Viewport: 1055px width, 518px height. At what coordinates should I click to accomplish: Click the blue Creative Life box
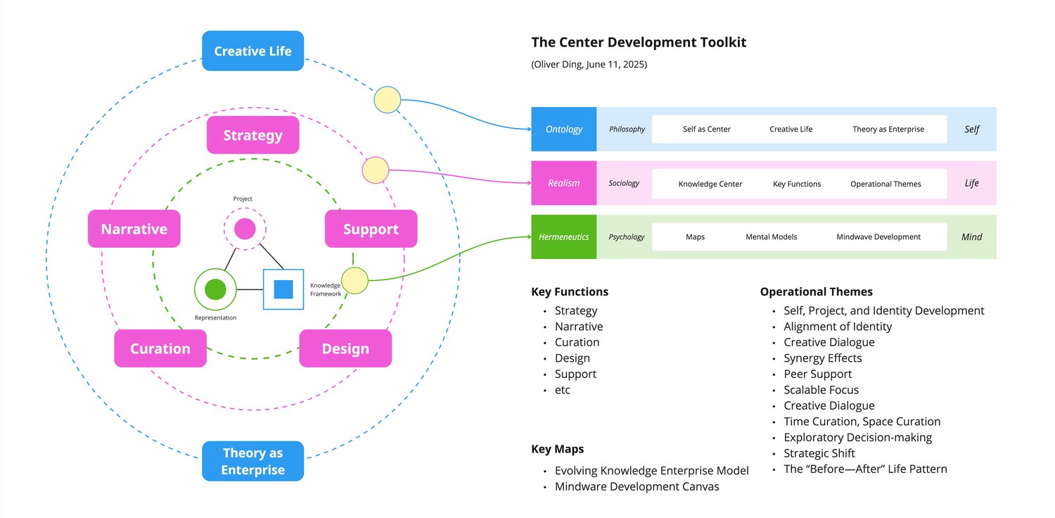252,51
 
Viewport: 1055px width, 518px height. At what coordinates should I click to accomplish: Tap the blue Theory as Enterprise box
252,461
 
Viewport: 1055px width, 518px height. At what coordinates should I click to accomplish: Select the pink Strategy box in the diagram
252,135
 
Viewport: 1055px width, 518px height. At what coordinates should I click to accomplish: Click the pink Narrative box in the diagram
134,229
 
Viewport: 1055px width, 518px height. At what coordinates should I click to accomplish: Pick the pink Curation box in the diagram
160,348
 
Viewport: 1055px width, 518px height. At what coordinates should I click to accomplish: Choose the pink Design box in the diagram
345,348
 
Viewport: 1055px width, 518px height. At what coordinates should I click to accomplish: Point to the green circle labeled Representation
215,289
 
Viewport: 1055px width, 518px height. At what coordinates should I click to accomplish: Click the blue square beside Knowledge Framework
283,289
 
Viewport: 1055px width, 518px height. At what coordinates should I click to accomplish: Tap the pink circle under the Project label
245,229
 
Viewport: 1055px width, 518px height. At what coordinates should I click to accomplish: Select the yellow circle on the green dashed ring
354,281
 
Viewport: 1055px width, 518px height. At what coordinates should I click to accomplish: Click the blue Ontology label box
564,129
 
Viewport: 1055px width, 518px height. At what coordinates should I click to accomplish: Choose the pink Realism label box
564,183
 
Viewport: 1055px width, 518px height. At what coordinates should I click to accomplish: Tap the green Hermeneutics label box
564,237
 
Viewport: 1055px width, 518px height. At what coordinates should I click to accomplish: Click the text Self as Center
707,129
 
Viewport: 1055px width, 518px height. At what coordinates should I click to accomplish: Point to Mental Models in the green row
772,237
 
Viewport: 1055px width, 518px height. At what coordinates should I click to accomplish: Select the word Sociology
624,183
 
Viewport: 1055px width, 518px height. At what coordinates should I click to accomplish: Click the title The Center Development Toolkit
639,42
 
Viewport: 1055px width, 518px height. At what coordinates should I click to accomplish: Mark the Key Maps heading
558,450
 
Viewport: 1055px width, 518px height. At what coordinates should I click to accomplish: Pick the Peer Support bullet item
818,374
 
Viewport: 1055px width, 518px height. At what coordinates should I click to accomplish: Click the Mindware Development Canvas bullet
637,486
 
